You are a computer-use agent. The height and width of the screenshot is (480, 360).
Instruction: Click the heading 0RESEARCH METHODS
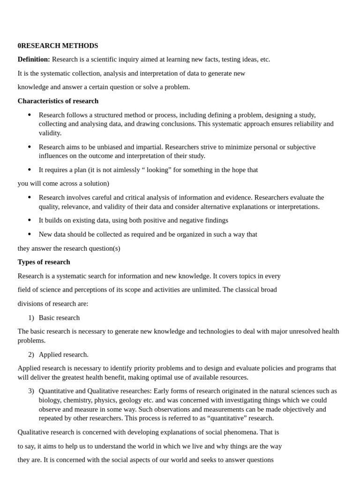coord(58,45)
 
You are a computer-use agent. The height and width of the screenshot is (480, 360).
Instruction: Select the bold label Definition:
coord(34,60)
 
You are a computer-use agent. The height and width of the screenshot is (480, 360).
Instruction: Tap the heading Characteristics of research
coord(58,101)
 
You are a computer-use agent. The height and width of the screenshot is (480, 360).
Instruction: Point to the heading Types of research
coord(44,262)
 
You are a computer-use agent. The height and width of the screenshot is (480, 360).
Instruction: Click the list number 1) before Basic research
coord(31,318)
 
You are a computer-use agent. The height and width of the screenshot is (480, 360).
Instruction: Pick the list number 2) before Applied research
coord(31,355)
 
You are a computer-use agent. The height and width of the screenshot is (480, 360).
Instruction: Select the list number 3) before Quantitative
coord(31,391)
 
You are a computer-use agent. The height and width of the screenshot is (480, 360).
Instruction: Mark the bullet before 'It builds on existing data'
coord(30,220)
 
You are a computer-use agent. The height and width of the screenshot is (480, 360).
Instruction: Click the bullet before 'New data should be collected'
coord(30,234)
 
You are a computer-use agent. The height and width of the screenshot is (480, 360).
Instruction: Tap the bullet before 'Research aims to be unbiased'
coord(30,147)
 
